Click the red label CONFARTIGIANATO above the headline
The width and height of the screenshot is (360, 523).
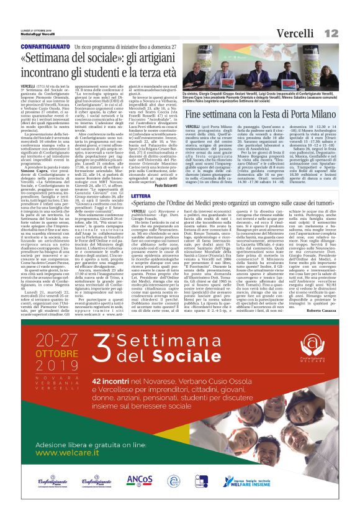[46, 47]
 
